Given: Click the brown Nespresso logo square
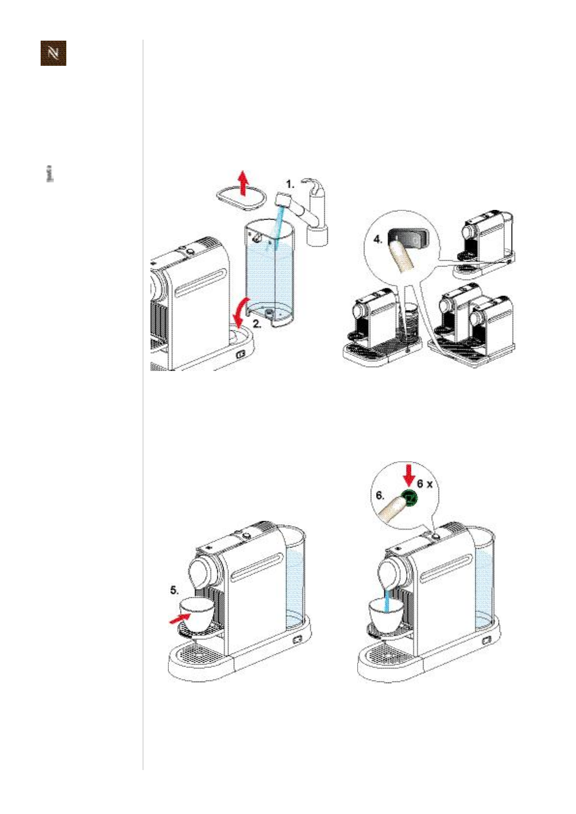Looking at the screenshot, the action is click(53, 53).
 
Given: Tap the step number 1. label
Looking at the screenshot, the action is click(290, 184).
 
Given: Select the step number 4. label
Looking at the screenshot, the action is click(378, 239).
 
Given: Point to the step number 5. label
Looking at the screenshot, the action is click(174, 590).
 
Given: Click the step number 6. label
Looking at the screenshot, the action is click(380, 495).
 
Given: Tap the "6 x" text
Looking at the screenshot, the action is click(425, 483).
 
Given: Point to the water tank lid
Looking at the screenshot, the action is click(241, 199).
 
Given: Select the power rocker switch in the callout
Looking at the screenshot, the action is click(409, 237).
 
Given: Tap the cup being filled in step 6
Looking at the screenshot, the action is click(386, 614).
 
